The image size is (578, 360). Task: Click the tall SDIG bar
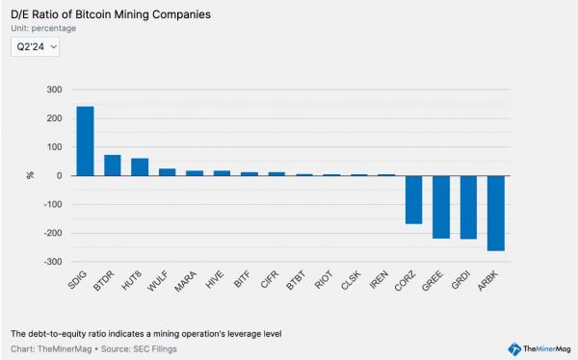(85, 141)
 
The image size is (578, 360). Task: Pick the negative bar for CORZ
(413, 199)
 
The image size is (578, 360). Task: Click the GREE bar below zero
(441, 207)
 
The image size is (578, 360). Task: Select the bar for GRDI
(468, 207)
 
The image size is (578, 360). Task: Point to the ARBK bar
(495, 213)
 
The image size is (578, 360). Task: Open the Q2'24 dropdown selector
(36, 46)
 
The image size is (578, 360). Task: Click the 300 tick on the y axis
(54, 90)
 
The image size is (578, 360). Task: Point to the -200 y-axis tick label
(52, 233)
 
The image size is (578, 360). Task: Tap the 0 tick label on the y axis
(60, 176)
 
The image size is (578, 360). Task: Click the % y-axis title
(30, 175)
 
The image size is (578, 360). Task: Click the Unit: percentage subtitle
(43, 29)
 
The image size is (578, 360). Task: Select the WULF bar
(167, 172)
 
